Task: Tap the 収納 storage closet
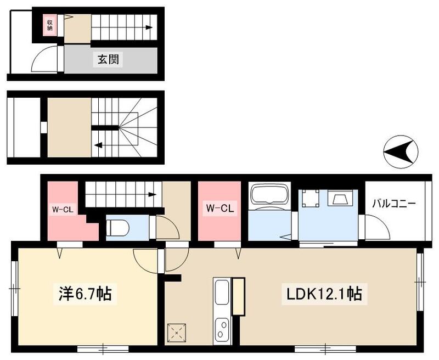[49, 25]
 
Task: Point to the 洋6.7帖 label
[85, 294]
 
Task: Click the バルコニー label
[393, 204]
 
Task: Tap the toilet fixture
[117, 226]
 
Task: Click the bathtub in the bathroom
[269, 196]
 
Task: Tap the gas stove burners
[222, 329]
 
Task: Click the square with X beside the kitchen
[176, 331]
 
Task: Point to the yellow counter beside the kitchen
[238, 296]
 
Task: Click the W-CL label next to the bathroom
[220, 209]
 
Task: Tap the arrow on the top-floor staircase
[148, 27]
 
